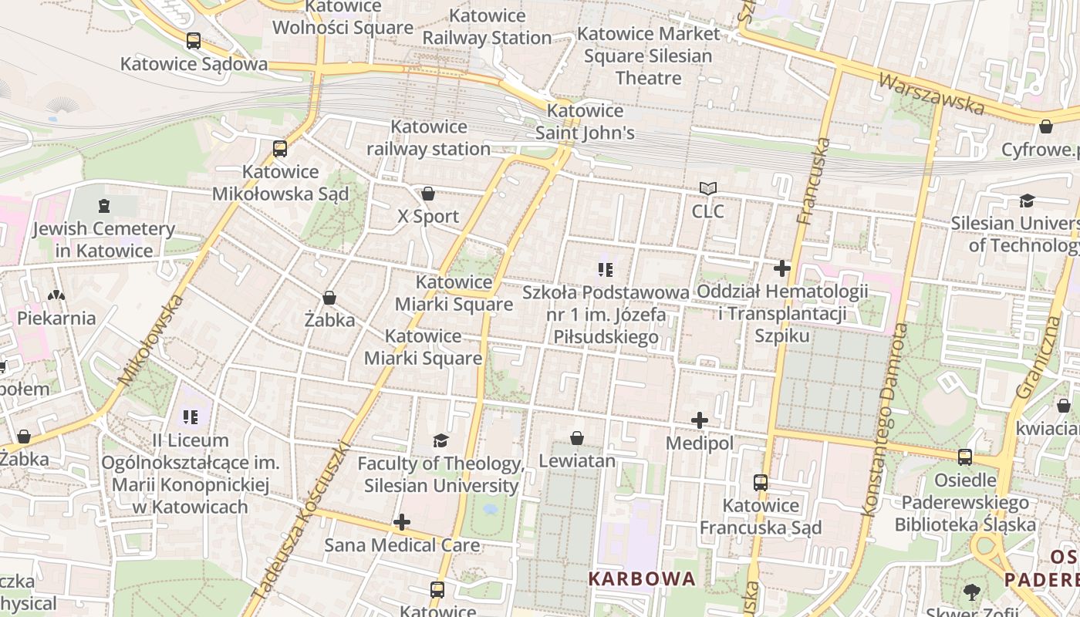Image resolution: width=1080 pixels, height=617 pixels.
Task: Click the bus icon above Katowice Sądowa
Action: pos(194,41)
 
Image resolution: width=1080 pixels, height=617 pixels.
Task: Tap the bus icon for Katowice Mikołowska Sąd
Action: pos(280,148)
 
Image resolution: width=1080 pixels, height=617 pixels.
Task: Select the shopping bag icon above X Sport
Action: pos(428,194)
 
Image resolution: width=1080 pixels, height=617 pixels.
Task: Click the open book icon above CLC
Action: pos(707,188)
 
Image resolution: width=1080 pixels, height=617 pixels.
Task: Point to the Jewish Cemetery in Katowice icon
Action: pos(104,206)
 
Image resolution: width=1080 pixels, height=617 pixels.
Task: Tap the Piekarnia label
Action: pos(56,318)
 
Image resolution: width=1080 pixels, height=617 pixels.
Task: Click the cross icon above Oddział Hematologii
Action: pos(782,268)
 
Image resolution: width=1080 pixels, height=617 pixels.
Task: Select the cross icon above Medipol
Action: pos(700,420)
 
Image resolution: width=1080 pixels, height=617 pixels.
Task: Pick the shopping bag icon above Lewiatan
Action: pos(576,438)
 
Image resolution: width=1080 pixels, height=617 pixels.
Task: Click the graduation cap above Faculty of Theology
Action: pos(440,440)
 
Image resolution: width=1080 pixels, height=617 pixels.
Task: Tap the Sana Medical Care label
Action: pos(401,545)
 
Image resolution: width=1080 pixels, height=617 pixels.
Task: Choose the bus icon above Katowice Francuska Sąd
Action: pos(761,483)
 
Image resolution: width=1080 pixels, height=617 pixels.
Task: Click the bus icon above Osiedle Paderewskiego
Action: pos(964,457)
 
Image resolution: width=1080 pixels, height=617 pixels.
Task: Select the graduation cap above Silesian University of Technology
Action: pos(1027,201)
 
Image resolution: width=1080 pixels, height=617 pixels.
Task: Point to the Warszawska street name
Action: pos(931,94)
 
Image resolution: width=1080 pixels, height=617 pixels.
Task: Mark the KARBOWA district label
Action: pos(642,578)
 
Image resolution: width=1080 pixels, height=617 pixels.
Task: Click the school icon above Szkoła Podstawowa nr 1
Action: pos(606,269)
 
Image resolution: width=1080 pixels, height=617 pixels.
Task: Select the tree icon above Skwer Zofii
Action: pos(971,592)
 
